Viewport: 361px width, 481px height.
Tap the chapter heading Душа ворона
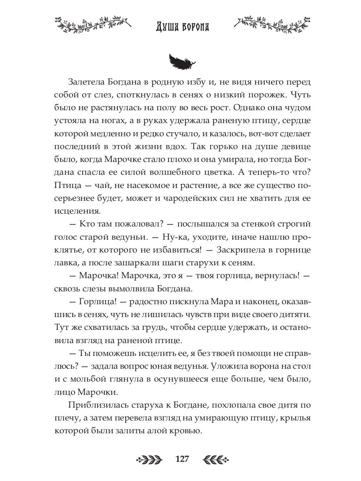[183, 27]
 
